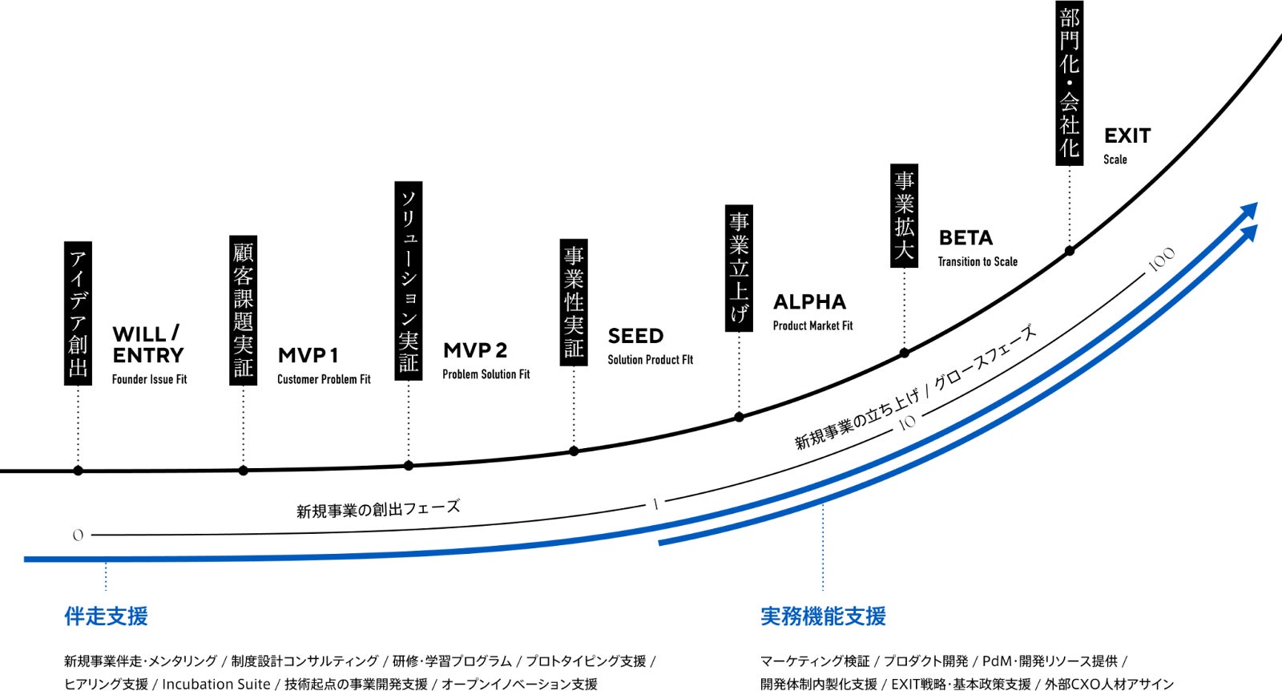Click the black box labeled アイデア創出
click(x=78, y=313)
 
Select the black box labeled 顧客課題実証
click(x=243, y=310)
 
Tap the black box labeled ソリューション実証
click(x=409, y=281)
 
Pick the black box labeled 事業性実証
click(x=574, y=302)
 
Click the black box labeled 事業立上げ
click(x=739, y=268)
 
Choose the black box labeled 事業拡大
click(x=904, y=216)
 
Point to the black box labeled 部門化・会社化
click(x=1069, y=82)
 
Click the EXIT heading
click(x=1127, y=135)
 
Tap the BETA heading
click(x=966, y=238)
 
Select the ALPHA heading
click(x=809, y=302)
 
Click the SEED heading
click(x=635, y=336)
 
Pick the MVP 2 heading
click(x=475, y=350)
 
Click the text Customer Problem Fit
click(x=324, y=379)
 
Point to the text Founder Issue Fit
click(x=149, y=379)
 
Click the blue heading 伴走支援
click(x=106, y=616)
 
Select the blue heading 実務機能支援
click(x=823, y=616)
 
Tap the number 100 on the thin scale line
click(x=1161, y=260)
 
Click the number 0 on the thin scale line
click(x=78, y=535)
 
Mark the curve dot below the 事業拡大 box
click(x=904, y=353)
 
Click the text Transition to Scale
click(x=978, y=261)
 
